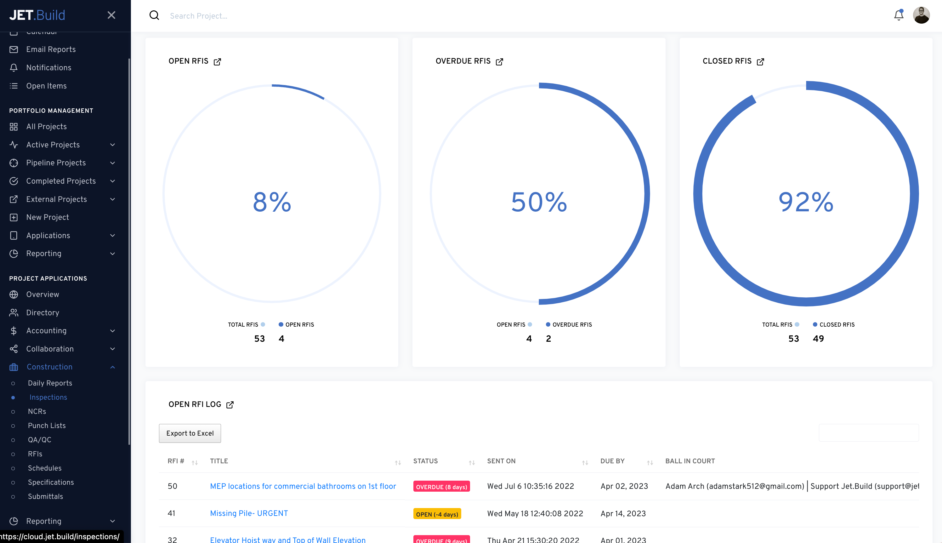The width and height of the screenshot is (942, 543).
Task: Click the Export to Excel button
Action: pos(190,433)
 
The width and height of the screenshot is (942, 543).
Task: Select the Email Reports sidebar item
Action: pos(51,49)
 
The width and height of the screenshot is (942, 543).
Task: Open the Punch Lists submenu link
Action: pos(47,426)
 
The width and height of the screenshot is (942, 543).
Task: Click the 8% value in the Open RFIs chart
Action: pos(272,202)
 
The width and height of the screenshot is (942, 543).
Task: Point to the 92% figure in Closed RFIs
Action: pos(806,202)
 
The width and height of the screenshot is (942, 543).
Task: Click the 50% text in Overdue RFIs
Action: pos(539,202)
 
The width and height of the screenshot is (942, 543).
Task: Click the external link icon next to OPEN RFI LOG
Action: pos(230,405)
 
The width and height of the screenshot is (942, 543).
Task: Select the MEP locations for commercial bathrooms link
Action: pos(303,486)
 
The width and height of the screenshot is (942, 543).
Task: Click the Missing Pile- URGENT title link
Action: pos(249,513)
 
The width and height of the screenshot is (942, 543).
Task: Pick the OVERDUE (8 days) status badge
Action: pos(441,487)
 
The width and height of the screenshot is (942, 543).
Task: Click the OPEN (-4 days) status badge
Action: pos(437,514)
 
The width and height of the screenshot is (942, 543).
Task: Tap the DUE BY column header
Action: pos(612,461)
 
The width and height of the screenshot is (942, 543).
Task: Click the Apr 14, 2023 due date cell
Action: pos(623,513)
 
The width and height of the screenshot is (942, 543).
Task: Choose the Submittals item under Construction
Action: pos(45,496)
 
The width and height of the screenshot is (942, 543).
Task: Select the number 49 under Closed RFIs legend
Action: pos(818,339)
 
